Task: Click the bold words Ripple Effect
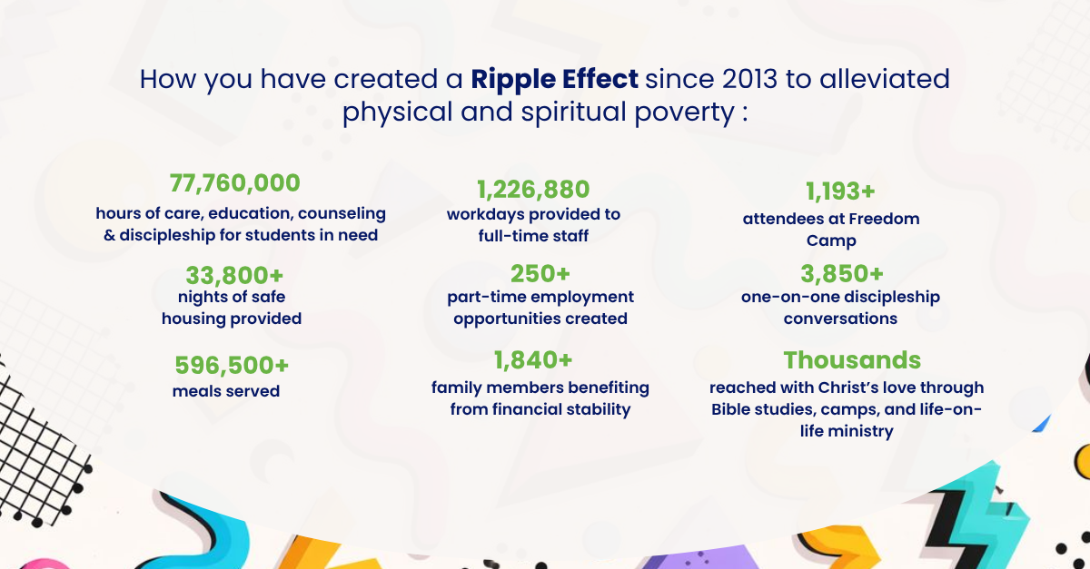pyautogui.click(x=554, y=80)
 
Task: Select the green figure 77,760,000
pyautogui.click(x=235, y=183)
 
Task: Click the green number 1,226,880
pyautogui.click(x=533, y=189)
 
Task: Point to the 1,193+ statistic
pyautogui.click(x=840, y=191)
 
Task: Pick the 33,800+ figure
pyautogui.click(x=234, y=275)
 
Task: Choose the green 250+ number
pyautogui.click(x=540, y=273)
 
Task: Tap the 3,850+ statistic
pyautogui.click(x=842, y=273)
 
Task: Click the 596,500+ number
pyautogui.click(x=232, y=365)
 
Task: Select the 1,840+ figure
pyautogui.click(x=533, y=360)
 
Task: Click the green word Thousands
pyautogui.click(x=852, y=360)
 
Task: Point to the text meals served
pyautogui.click(x=226, y=391)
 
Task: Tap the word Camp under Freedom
pyautogui.click(x=831, y=240)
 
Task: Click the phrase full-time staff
pyautogui.click(x=533, y=236)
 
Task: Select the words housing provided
pyautogui.click(x=232, y=319)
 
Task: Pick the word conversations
pyautogui.click(x=840, y=319)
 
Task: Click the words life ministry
pyautogui.click(x=847, y=431)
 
